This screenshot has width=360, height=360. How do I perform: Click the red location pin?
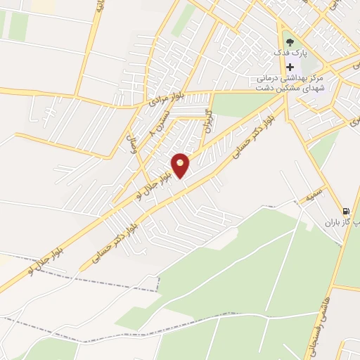tap(181, 165)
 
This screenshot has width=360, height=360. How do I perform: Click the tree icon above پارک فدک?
tap(289, 40)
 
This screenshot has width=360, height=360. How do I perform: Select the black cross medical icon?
tap(289, 67)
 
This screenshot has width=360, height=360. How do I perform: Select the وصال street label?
tap(131, 145)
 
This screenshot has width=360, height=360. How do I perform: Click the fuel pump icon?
tap(345, 210)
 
